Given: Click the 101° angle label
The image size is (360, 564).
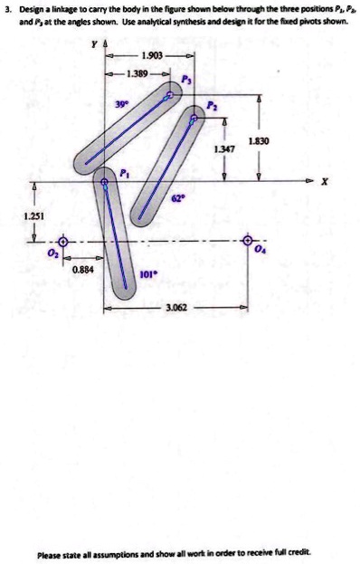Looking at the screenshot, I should [150, 272].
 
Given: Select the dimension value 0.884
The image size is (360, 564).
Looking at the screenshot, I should [84, 269].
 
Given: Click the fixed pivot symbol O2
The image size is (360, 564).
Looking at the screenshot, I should [63, 243].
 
